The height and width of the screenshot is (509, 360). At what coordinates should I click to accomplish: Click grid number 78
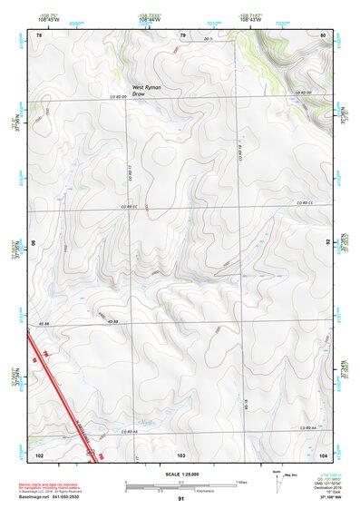(39, 34)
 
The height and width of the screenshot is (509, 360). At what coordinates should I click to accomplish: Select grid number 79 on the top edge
(182, 34)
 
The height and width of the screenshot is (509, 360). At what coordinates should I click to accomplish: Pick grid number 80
(324, 34)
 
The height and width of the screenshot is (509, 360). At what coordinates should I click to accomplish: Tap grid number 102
(39, 453)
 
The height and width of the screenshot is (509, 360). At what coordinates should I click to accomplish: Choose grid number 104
(323, 453)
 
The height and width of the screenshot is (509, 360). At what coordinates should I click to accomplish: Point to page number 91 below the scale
(181, 499)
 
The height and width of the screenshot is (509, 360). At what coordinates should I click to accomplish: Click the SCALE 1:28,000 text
(181, 474)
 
